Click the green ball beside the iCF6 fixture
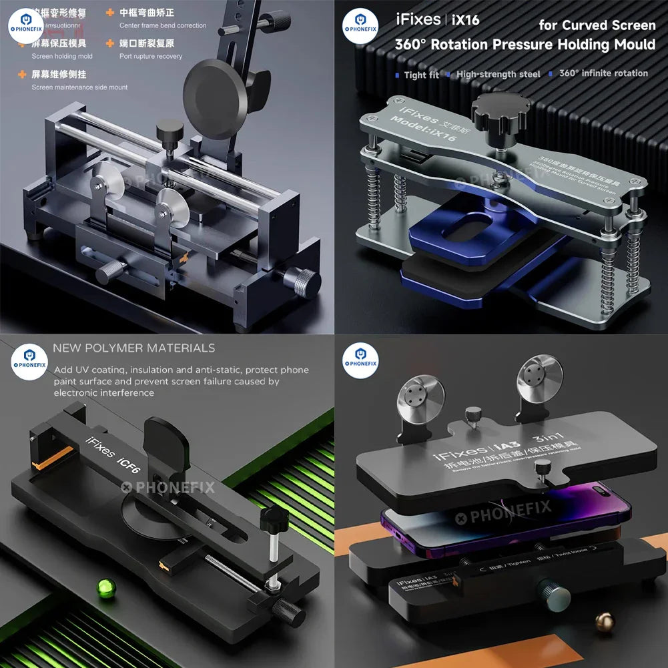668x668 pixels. pyautogui.click(x=105, y=588)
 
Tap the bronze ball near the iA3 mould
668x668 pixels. pyautogui.click(x=605, y=621)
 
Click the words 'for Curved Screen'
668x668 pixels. pyautogui.click(x=597, y=25)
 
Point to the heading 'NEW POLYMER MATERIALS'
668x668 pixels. pyautogui.click(x=134, y=348)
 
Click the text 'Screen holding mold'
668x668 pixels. pyautogui.click(x=62, y=57)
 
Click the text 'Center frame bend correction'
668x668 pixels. pyautogui.click(x=163, y=25)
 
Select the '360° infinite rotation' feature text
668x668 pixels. pyautogui.click(x=603, y=73)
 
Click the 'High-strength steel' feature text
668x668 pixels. pyautogui.click(x=498, y=74)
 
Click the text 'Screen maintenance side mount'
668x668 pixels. pyautogui.click(x=79, y=87)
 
